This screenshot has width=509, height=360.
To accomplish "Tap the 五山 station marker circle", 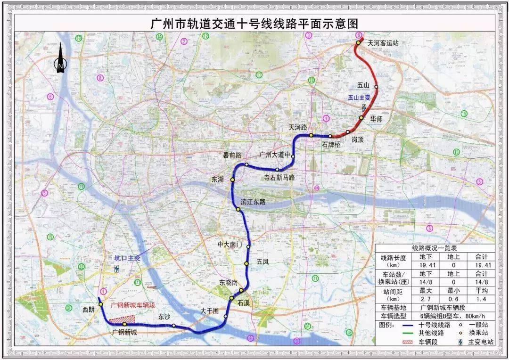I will [376, 87].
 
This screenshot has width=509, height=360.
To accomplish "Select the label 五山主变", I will [359, 98].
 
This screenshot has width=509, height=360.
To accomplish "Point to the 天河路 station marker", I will [311, 135].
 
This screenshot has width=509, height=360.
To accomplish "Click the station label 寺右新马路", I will [279, 178].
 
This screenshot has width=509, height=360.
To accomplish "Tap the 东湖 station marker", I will [232, 180].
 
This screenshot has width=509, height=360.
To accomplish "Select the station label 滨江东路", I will [254, 202].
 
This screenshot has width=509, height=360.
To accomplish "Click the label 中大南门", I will [230, 245].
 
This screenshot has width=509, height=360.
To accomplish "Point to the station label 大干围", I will [210, 311].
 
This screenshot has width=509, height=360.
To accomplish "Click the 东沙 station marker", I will [174, 326].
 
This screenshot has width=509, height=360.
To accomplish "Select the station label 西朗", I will [88, 310].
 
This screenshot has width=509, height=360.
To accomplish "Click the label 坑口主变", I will [127, 258].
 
